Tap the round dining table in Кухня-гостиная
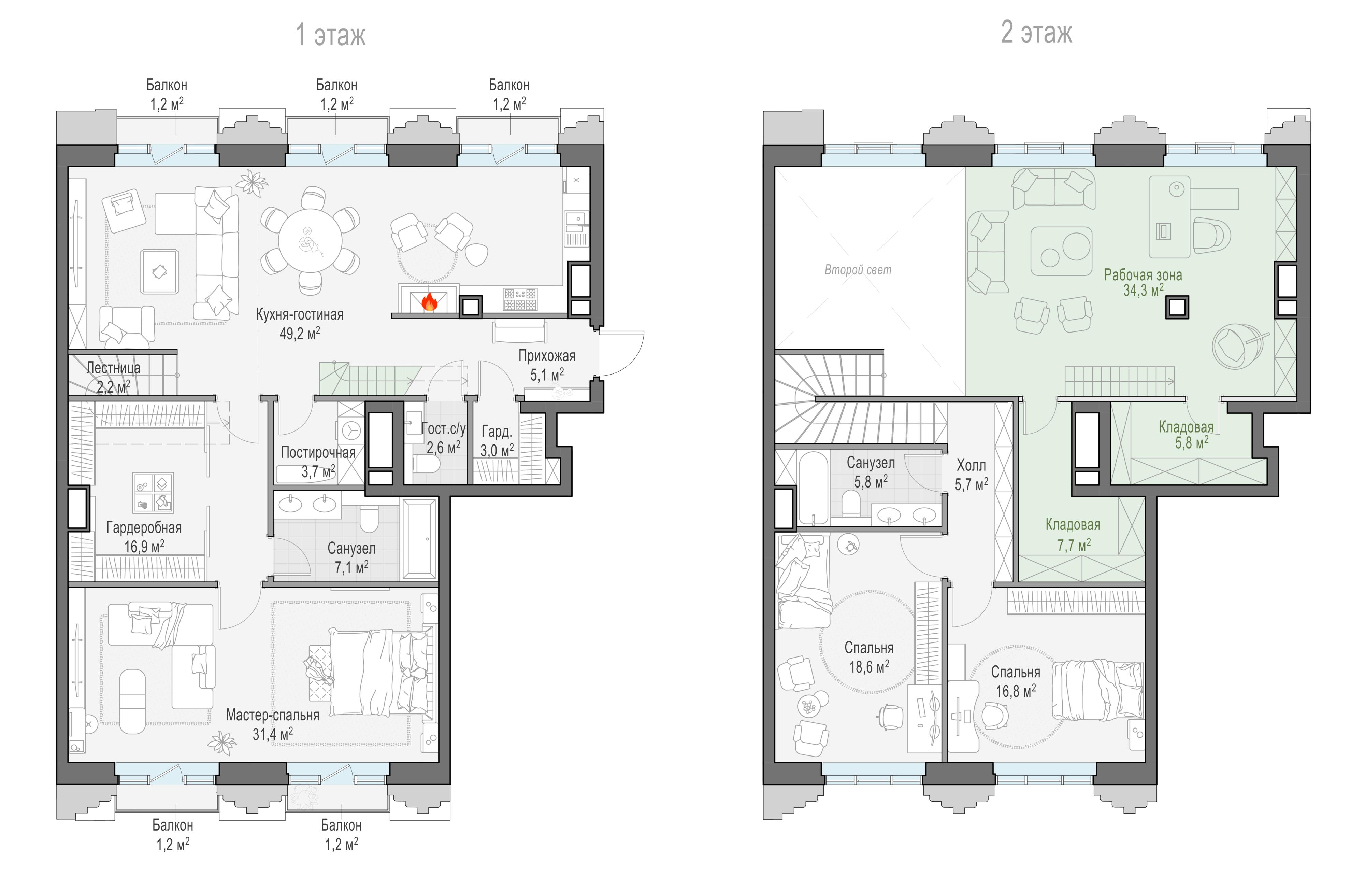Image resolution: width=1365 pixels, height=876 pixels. pyautogui.click(x=310, y=241)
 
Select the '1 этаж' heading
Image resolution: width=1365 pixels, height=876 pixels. pyautogui.click(x=330, y=35)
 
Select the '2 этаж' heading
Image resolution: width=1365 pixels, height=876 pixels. pyautogui.click(x=1036, y=32)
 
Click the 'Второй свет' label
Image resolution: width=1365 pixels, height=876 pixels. pyautogui.click(x=858, y=270)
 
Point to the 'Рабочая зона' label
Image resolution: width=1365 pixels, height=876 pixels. pyautogui.click(x=1143, y=275)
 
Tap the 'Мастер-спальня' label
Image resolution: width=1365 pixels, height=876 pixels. pyautogui.click(x=273, y=715)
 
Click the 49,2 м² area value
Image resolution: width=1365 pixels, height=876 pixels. pyautogui.click(x=300, y=333)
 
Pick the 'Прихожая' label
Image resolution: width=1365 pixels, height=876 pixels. pyautogui.click(x=547, y=356)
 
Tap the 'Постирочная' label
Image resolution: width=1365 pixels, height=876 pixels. pyautogui.click(x=318, y=453)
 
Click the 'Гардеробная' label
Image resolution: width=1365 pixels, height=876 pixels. pyautogui.click(x=144, y=527)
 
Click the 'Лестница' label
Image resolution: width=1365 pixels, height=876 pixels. pyautogui.click(x=113, y=368)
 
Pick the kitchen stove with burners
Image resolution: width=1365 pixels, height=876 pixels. pyautogui.click(x=520, y=299)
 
